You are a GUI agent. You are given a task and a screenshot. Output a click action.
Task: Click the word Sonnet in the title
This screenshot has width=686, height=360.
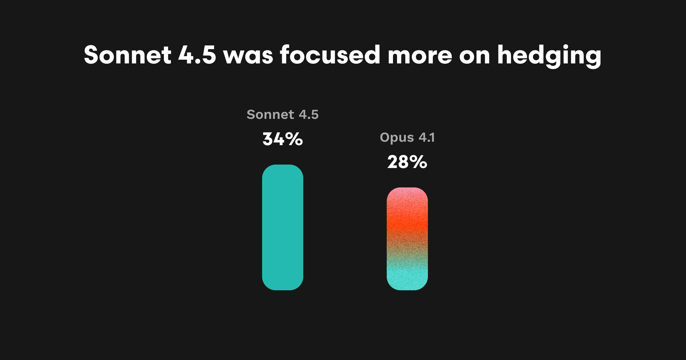point(127,55)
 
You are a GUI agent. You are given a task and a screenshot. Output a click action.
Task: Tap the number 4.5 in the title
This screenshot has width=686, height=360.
point(197,55)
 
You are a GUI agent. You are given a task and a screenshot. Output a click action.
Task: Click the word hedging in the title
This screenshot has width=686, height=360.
point(549,56)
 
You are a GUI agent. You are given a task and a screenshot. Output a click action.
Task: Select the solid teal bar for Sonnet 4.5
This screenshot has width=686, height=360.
point(283,227)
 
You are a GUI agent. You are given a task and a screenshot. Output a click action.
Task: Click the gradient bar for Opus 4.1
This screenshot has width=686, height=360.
point(407,239)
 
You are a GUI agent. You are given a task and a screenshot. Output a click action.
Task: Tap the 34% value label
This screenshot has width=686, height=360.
point(283,139)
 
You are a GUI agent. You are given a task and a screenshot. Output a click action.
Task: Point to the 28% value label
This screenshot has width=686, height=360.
point(407,162)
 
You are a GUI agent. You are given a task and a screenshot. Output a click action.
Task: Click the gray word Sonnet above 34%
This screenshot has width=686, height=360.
point(270,115)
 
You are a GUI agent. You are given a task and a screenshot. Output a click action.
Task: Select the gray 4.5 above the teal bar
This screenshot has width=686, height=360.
point(309,115)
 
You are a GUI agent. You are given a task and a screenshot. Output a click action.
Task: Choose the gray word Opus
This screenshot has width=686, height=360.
point(397,138)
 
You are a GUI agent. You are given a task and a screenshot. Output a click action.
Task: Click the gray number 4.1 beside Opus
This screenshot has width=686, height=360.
point(427,137)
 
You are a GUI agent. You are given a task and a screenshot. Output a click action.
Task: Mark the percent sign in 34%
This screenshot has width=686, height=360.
point(294,139)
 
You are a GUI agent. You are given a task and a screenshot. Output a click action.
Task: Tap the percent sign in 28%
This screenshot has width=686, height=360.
point(418,162)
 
